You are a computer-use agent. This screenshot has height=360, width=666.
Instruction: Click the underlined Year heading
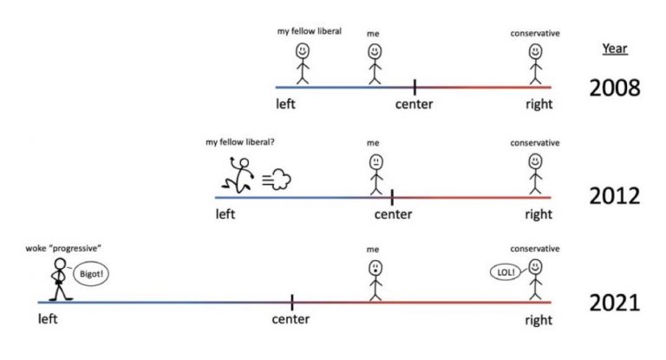614,49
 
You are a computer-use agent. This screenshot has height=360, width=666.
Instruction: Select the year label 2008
614,88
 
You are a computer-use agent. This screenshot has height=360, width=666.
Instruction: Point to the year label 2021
614,303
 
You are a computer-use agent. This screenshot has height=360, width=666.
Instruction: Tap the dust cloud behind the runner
279,180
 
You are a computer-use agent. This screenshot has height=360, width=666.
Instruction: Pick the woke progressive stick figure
59,279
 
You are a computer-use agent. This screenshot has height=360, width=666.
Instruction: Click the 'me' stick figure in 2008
374,63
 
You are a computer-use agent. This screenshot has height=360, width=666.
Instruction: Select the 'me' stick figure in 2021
374,279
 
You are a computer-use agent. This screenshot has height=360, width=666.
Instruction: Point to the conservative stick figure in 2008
536,63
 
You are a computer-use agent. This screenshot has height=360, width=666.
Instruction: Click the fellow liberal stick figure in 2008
302,63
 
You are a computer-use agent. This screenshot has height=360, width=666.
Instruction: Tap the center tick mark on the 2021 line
292,302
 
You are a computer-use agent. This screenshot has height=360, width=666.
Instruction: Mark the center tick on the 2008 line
415,87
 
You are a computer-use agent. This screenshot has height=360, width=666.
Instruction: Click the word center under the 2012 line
393,214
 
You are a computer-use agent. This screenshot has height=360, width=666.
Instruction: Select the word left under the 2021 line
48,319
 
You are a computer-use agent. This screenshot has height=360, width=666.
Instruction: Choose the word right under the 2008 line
538,105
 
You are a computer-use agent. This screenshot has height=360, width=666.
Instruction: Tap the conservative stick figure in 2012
536,172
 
